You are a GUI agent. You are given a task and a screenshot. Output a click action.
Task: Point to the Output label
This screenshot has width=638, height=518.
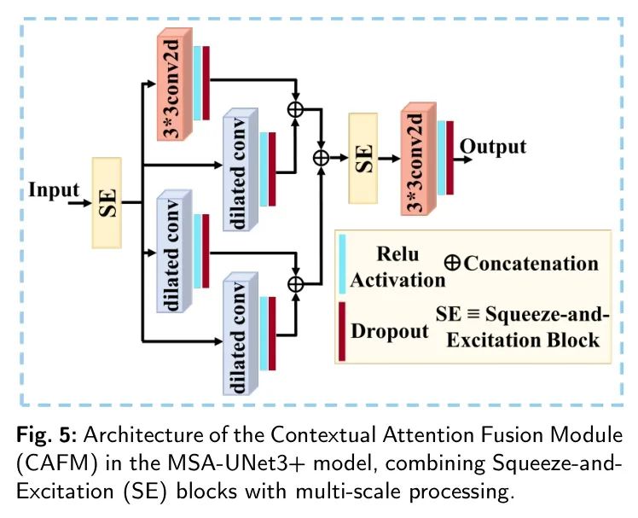tap(493, 146)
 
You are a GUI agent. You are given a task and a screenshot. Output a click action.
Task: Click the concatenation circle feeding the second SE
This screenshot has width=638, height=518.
tap(322, 157)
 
